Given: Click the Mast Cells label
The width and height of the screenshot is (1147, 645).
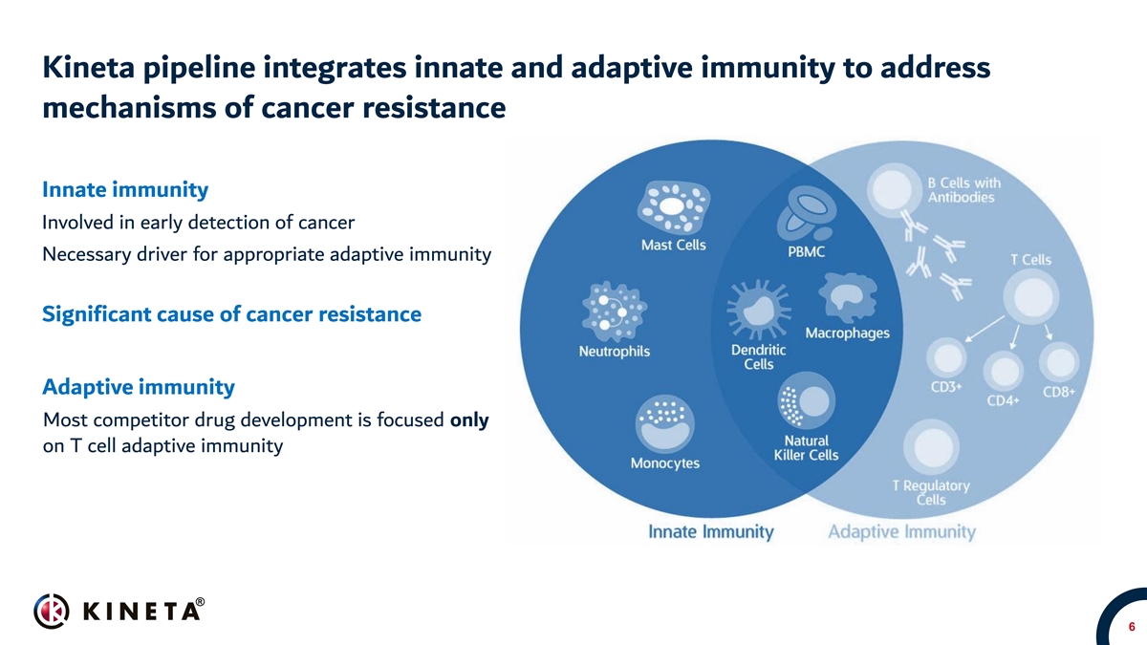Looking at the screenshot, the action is click(673, 246).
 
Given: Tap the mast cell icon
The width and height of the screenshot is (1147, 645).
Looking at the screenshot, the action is click(673, 206).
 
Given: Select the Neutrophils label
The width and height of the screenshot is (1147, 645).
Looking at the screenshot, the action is click(614, 352).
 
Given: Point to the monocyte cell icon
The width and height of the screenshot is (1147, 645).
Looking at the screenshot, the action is click(664, 423).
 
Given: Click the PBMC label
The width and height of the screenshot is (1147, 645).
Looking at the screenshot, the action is click(806, 252).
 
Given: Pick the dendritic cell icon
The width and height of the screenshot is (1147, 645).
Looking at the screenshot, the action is click(758, 310).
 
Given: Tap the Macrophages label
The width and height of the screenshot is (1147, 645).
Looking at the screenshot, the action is click(848, 333).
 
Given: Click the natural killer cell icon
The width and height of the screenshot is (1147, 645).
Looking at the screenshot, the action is click(806, 400).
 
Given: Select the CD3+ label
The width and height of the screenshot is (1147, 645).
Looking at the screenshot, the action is click(946, 387).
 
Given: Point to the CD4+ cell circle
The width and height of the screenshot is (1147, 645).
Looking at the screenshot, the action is click(1004, 371).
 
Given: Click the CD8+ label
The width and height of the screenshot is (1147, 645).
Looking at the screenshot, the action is click(1059, 392).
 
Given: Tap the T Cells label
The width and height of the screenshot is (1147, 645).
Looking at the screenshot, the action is click(1030, 260).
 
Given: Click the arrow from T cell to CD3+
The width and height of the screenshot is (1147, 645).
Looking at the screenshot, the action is click(985, 328).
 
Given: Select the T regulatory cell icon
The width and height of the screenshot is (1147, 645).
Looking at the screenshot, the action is click(931, 447).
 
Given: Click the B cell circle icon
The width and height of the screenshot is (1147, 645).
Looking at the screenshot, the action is click(893, 188).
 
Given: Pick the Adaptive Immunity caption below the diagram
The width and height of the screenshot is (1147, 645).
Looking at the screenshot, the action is click(901, 532).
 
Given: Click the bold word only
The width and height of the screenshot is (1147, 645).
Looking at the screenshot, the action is click(469, 420).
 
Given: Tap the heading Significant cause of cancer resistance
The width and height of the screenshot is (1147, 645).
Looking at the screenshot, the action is click(231, 314).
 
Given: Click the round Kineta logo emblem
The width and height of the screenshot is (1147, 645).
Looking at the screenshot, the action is click(52, 612).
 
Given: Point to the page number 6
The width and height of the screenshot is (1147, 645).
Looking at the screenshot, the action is click(1132, 627).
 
